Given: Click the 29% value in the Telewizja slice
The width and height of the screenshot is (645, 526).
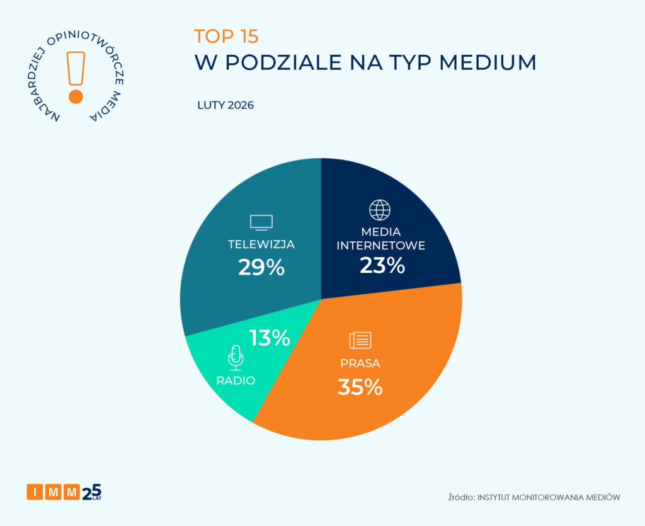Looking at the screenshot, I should pyautogui.click(x=261, y=267).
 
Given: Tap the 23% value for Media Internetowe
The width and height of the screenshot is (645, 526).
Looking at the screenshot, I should pyautogui.click(x=382, y=265).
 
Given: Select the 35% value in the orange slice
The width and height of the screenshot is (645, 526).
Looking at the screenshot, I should pyautogui.click(x=360, y=387).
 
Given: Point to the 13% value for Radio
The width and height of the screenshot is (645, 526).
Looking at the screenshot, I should pyautogui.click(x=270, y=338).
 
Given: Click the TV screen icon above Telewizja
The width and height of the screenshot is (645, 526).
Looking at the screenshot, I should pyautogui.click(x=261, y=222).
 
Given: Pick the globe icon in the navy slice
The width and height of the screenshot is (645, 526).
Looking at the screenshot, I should pyautogui.click(x=380, y=210).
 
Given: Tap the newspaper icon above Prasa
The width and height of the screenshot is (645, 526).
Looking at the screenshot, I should pyautogui.click(x=360, y=340).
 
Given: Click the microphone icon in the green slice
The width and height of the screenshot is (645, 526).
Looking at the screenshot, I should pyautogui.click(x=236, y=358).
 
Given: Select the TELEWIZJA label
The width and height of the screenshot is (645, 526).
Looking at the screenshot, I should pyautogui.click(x=261, y=244).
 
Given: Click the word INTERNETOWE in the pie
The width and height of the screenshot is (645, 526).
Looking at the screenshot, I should pyautogui.click(x=381, y=245).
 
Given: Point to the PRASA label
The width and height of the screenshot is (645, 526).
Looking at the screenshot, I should pyautogui.click(x=360, y=363).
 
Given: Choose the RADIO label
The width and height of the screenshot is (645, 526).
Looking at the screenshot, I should pyautogui.click(x=236, y=380).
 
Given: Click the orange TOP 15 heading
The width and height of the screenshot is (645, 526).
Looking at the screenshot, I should pyautogui.click(x=226, y=37).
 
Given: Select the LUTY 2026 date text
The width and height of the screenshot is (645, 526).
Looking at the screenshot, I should pyautogui.click(x=225, y=105).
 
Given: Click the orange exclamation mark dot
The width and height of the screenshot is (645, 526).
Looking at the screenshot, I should pyautogui.click(x=76, y=96).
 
